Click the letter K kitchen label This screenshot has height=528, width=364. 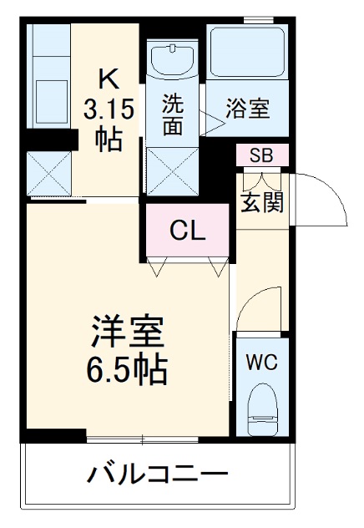coord(109,79)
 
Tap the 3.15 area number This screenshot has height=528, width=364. coord(109,108)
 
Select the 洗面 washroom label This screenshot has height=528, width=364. coord(173,115)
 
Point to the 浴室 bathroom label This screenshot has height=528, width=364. coord(248,109)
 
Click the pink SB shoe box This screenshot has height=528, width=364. coord(261,155)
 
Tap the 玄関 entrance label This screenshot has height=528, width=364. coord(262,203)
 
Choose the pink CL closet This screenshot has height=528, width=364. coord(189,231)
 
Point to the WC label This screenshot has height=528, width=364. coord(261,363)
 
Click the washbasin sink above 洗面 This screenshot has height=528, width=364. coord(173,59)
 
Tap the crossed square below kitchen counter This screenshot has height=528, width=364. coord(48,174)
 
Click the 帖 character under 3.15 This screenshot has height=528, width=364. coord(109,138)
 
